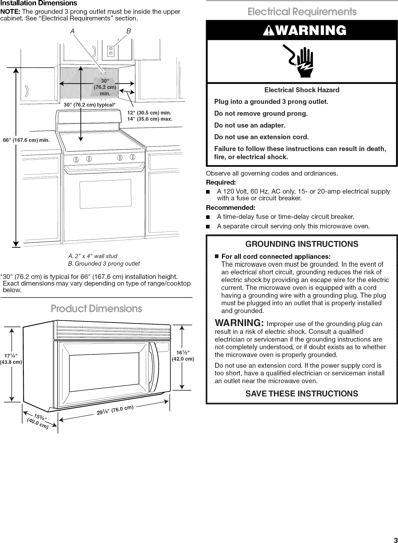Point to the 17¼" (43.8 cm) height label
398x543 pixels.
(12, 358)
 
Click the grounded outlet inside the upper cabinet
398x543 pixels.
(110, 52)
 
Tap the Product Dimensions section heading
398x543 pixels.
(96, 308)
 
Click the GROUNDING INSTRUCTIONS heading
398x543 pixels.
(302, 244)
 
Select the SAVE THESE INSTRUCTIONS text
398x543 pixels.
(302, 394)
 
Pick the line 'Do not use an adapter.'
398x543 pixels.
(250, 125)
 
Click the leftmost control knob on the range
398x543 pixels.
(75, 158)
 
